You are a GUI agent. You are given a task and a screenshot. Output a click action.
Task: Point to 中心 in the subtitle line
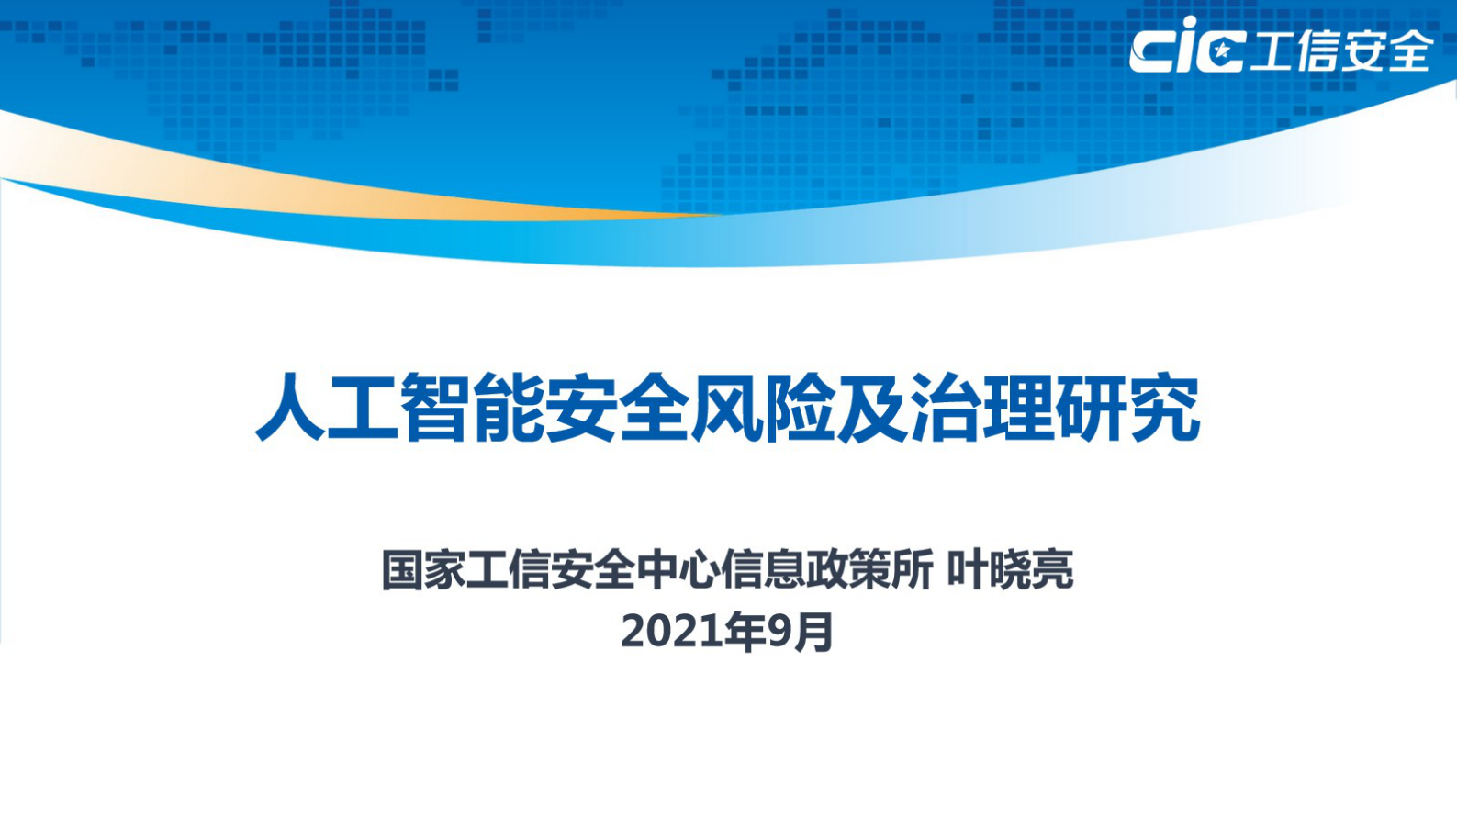[x=678, y=570]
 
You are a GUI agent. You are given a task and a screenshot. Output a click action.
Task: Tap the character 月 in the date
[x=813, y=632]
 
